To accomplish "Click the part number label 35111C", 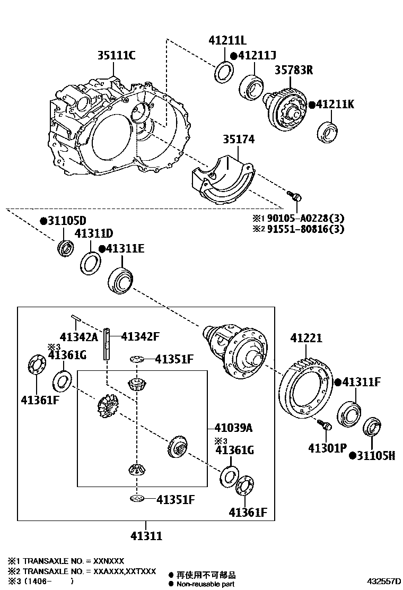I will point(116,56).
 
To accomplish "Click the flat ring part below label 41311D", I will point(91,263).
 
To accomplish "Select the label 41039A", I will point(233,428).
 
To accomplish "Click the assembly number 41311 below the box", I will point(146,536).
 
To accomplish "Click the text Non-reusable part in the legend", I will point(205,584).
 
